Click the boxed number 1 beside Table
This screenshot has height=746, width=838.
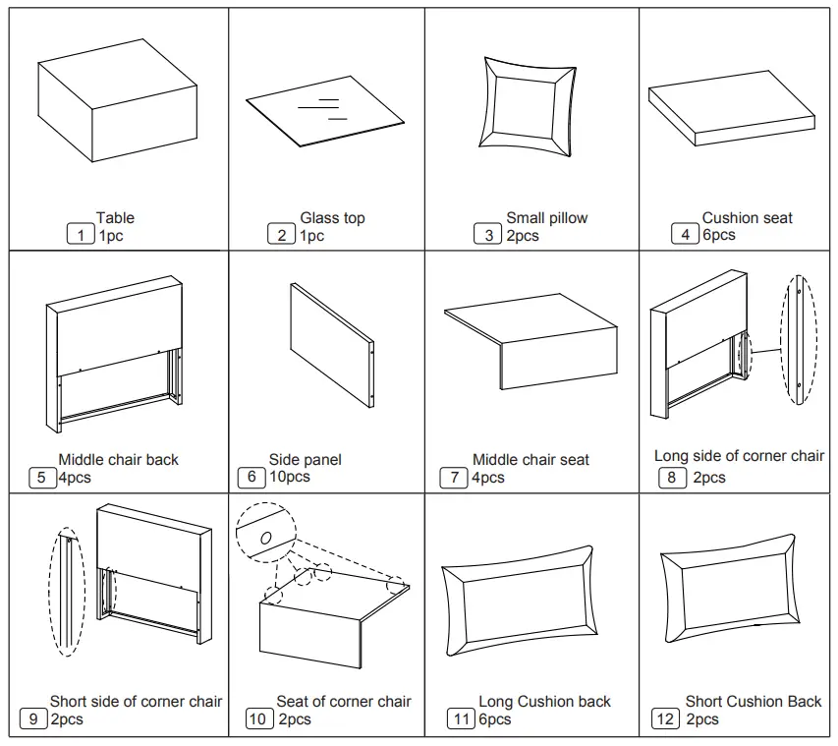80,235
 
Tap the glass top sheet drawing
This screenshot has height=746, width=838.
324,109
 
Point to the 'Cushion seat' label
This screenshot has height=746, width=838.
747,218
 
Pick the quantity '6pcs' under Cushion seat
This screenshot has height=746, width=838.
718,235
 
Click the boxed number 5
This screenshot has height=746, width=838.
42,478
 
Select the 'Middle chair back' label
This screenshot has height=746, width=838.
118,460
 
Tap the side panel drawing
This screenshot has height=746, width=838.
331,345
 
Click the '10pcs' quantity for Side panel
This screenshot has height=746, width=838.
289,477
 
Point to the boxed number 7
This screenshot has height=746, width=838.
453,478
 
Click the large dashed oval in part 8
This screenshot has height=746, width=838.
799,339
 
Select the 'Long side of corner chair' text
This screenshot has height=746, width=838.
739,456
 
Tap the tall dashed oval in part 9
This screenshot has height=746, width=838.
67,591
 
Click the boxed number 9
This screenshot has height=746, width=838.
33,719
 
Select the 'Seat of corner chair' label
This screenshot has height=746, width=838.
343,702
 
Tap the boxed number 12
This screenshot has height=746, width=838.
665,719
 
